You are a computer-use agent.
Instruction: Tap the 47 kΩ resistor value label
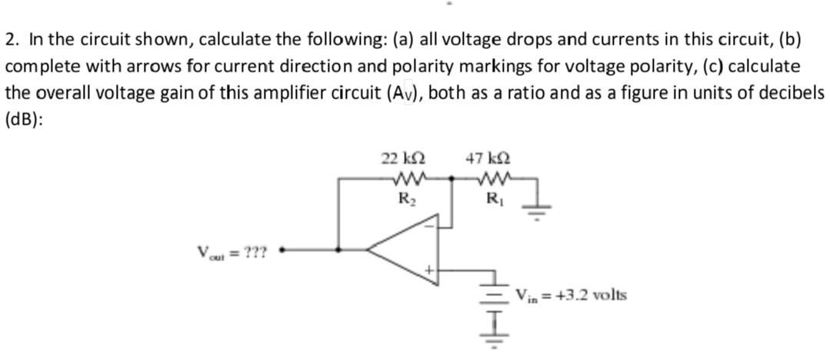pyautogui.click(x=486, y=159)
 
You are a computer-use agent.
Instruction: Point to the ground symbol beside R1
pyautogui.click(x=536, y=205)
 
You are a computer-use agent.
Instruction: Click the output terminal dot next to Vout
pyautogui.click(x=282, y=249)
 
